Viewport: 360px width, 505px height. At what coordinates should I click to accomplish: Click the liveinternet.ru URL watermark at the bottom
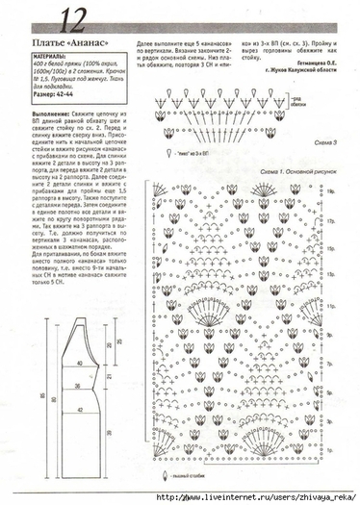click(241, 497)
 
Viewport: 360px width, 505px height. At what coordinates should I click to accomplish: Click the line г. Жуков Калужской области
click(298, 69)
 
